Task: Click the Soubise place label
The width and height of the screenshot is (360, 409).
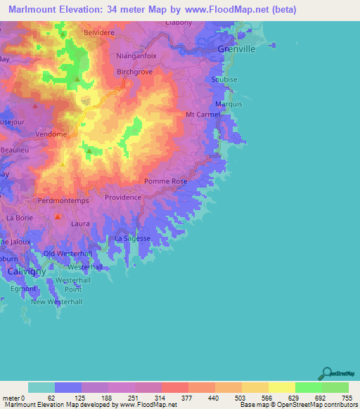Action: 225,79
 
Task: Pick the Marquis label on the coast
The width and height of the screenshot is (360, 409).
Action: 229,104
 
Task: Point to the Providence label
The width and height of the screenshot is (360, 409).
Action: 123,197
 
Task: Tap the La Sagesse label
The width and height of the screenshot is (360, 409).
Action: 132,239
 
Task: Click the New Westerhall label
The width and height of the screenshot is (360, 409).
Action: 57,301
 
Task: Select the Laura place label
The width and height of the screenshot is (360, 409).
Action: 81,223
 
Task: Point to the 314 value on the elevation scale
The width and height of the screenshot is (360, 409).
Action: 148,397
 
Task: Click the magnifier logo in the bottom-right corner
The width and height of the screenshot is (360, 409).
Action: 327,373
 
